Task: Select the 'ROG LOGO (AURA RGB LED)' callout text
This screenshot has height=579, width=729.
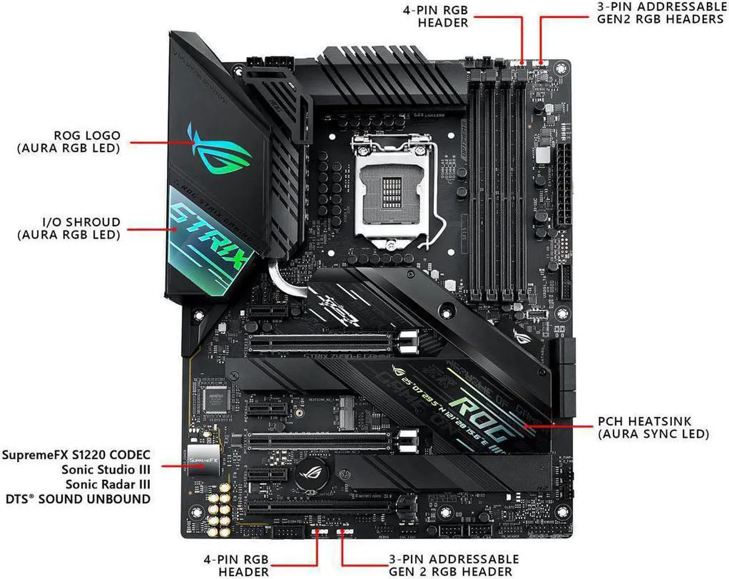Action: coord(69,142)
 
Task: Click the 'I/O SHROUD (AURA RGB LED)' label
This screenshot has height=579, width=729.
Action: coord(69,229)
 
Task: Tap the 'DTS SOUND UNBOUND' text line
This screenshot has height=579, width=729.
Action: coord(78,499)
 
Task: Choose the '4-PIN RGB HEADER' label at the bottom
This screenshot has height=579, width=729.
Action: coord(236,565)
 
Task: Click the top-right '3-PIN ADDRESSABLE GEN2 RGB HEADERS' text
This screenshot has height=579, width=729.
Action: coord(661,13)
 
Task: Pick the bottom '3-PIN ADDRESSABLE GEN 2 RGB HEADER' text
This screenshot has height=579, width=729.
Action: coord(453,565)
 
